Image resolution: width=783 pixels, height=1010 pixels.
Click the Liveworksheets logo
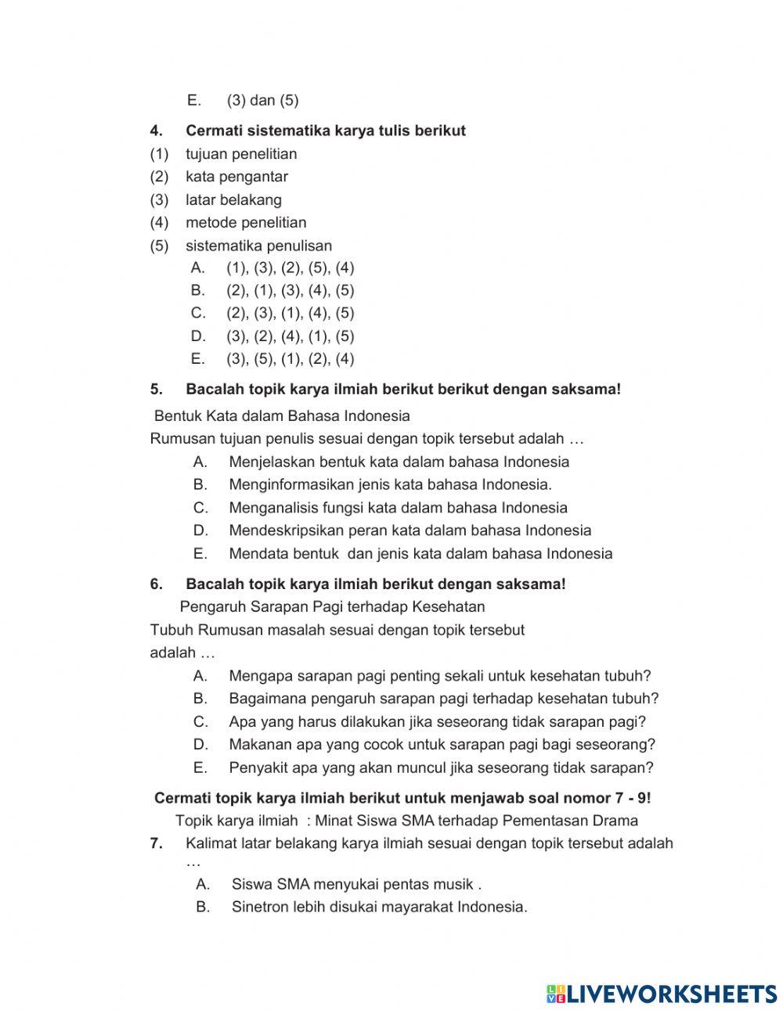click(x=662, y=994)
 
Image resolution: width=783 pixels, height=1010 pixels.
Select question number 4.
click(x=156, y=131)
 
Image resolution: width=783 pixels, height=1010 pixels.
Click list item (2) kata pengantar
click(x=236, y=177)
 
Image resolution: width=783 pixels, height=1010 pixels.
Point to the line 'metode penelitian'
click(x=246, y=222)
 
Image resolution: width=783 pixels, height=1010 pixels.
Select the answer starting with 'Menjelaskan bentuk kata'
click(x=399, y=462)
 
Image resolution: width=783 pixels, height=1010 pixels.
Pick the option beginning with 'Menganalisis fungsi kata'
click(x=398, y=508)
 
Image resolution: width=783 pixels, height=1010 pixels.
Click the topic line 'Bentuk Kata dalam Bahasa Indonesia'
click(x=282, y=415)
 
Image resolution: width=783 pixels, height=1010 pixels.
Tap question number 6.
click(x=156, y=584)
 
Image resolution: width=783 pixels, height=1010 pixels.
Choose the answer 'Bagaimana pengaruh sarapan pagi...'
click(x=443, y=698)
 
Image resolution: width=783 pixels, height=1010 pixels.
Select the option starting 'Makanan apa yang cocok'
click(x=442, y=744)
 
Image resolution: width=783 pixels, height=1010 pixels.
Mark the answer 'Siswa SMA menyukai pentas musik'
click(x=356, y=884)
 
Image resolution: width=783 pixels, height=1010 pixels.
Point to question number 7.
click(x=156, y=843)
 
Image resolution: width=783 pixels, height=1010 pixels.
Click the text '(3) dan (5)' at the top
click(x=262, y=100)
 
